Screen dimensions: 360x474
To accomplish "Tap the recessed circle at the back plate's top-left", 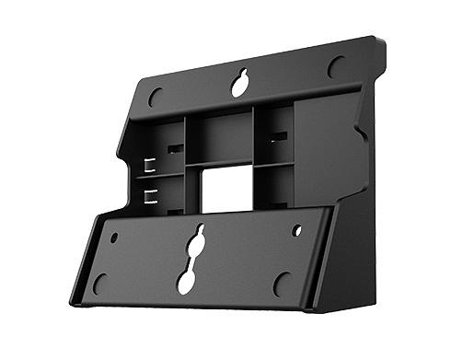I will (x=156, y=96).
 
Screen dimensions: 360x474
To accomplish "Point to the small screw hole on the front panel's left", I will (x=114, y=237).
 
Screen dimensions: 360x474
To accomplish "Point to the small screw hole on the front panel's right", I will (x=296, y=230).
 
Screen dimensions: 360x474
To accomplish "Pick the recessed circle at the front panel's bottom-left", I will (x=100, y=284).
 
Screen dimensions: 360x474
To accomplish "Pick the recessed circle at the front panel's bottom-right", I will (x=282, y=284).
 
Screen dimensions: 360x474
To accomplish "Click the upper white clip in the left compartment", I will (x=148, y=166).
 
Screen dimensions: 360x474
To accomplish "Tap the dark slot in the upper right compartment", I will (x=279, y=136).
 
